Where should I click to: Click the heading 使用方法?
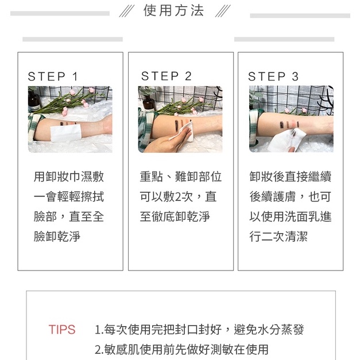point(173,11)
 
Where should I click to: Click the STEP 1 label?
point(53,76)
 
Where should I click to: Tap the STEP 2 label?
point(167,76)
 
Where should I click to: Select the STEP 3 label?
point(273,76)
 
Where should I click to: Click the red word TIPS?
point(62,330)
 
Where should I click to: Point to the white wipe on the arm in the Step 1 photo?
point(65,133)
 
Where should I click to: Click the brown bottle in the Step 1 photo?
point(34,100)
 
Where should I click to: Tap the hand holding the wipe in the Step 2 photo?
point(170,141)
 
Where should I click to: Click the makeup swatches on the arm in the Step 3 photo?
point(289,125)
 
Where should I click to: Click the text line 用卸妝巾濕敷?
point(69,177)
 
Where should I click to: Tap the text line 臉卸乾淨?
point(57,237)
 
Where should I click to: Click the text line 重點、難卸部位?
point(181,177)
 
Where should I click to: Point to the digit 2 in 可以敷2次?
point(177,197)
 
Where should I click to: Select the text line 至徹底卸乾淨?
point(175,216)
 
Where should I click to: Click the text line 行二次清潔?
point(278,237)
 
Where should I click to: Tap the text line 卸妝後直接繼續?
point(291,177)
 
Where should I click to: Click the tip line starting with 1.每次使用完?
point(199,330)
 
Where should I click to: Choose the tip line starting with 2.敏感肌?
point(181,350)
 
